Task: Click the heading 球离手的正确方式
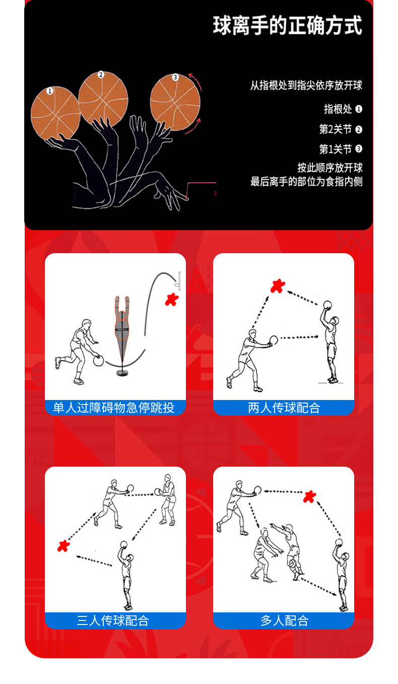tap(287, 26)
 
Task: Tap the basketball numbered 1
tap(55, 112)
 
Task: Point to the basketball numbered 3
tap(175, 102)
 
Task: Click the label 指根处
tap(338, 109)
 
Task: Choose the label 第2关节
tap(335, 129)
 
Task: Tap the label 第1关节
tap(335, 149)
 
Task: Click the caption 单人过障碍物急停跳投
tap(114, 408)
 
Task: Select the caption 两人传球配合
tap(284, 408)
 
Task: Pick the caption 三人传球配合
tap(113, 620)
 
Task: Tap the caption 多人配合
tap(285, 620)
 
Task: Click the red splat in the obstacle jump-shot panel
tap(172, 299)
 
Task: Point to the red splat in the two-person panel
tap(278, 286)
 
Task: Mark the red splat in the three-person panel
tap(64, 546)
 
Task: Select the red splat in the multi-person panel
tap(309, 497)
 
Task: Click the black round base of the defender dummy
tap(122, 373)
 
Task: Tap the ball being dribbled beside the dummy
tap(98, 361)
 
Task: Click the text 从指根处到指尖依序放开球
tap(306, 85)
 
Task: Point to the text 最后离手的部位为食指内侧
tap(306, 182)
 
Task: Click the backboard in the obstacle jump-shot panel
tap(179, 281)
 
